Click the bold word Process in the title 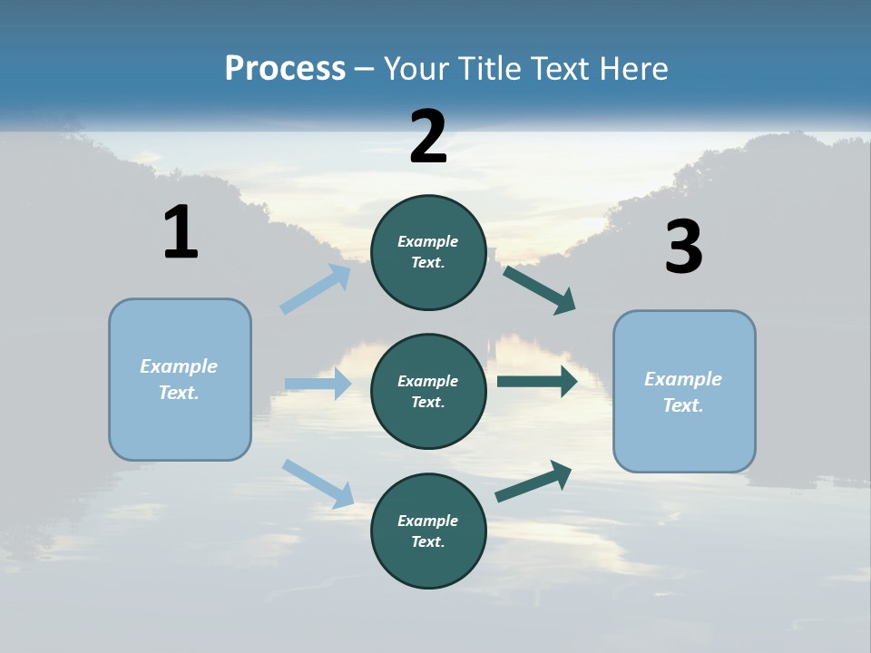[285, 69]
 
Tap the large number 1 [181, 233]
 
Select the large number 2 [428, 137]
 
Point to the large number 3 [683, 248]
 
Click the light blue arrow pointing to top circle [316, 289]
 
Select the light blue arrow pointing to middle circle [318, 384]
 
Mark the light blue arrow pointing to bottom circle [318, 482]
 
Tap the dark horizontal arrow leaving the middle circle [537, 382]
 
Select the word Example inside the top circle [428, 241]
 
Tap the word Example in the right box [683, 379]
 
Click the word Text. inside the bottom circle [428, 541]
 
